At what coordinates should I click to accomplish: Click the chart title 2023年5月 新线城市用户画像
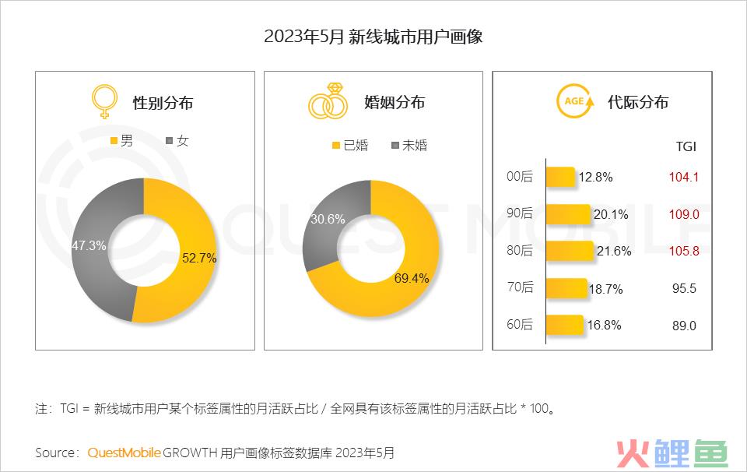click(373, 37)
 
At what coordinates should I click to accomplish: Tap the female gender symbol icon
click(106, 101)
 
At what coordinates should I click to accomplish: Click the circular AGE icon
click(574, 102)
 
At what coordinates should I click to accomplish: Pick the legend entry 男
click(121, 141)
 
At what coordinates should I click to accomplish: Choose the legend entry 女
click(177, 141)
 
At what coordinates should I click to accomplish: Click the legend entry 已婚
click(350, 145)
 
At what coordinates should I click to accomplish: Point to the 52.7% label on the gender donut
click(198, 258)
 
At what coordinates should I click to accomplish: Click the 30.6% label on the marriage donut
click(328, 220)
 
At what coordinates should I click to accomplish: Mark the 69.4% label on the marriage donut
click(411, 278)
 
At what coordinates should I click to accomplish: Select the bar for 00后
click(560, 178)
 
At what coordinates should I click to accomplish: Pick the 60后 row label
click(520, 326)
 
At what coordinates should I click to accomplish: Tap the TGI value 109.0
click(684, 214)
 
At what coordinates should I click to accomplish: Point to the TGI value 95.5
click(684, 288)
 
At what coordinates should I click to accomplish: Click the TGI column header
click(685, 146)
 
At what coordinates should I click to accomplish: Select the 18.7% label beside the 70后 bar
click(605, 288)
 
